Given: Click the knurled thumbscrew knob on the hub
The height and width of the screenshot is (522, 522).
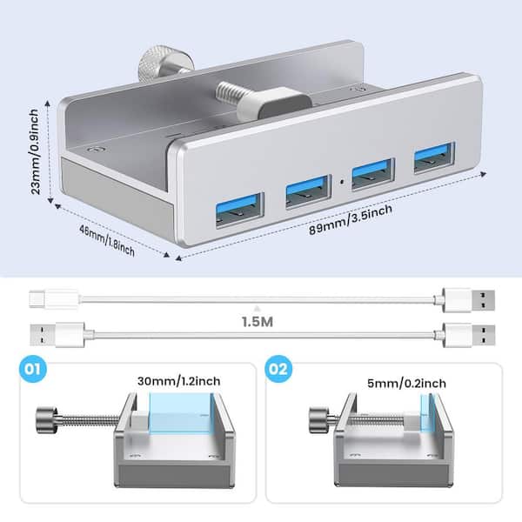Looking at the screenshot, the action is (x=165, y=64).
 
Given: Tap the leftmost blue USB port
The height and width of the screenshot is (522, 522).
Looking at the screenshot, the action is (x=240, y=210).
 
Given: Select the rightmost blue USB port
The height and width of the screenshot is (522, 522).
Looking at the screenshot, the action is (x=434, y=157).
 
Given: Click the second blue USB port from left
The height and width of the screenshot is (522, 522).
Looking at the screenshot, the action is (x=308, y=191).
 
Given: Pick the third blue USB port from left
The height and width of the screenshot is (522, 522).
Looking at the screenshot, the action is (x=373, y=174).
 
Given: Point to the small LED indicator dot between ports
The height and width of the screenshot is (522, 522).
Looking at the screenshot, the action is (x=342, y=182).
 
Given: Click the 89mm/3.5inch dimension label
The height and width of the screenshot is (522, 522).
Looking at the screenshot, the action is (x=351, y=220).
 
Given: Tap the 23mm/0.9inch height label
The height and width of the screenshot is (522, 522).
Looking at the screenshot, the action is (x=34, y=151).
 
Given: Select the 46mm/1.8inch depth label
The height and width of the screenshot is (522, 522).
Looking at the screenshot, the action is (x=107, y=240).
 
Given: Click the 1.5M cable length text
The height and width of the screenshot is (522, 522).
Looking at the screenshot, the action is (x=258, y=322).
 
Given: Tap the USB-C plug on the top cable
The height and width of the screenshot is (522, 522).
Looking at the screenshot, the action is (x=54, y=299).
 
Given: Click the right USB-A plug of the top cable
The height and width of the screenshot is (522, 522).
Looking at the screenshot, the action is (x=469, y=299).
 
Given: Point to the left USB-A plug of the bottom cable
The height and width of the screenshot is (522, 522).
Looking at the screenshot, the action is (x=57, y=335).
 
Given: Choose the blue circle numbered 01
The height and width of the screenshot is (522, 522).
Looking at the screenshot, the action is (x=33, y=369).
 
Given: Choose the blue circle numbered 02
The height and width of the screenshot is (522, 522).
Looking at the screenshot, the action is (x=278, y=369).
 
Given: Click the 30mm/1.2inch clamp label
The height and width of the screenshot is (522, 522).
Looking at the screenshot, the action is (x=178, y=381).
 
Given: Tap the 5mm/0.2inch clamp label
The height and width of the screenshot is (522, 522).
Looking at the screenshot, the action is (x=406, y=383).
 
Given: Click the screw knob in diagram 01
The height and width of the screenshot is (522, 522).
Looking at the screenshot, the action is (x=47, y=420).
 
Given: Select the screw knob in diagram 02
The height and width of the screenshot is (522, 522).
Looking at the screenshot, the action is (x=318, y=420).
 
